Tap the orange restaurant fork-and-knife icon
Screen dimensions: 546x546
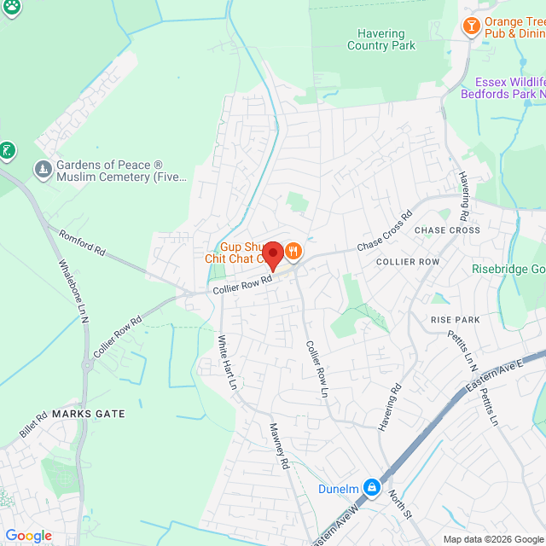click(x=293, y=251)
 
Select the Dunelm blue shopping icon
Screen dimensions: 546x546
click(x=371, y=487)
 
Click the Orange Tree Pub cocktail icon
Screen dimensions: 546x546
click(x=470, y=27)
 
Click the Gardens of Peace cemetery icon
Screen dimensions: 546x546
click(x=42, y=171)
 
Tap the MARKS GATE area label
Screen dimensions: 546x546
click(x=89, y=414)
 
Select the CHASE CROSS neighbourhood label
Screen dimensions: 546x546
click(x=447, y=230)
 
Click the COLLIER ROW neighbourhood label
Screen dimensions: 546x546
click(x=408, y=261)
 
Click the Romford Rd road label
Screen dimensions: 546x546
click(x=82, y=242)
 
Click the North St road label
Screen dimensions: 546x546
click(x=400, y=504)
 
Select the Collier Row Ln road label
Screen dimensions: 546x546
click(x=317, y=369)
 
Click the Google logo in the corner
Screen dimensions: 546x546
click(x=28, y=535)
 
